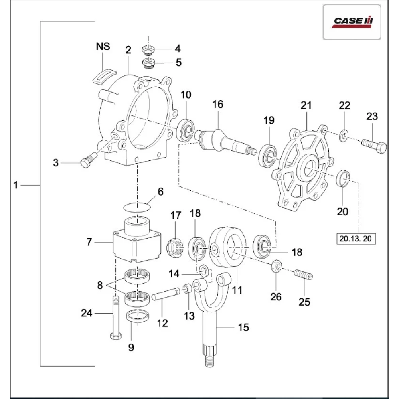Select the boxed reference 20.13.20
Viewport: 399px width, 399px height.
356,239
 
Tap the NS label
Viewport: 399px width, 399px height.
103,47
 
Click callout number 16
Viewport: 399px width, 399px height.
218,105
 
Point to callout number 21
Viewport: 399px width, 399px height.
306,105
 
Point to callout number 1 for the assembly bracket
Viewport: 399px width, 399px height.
16,185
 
